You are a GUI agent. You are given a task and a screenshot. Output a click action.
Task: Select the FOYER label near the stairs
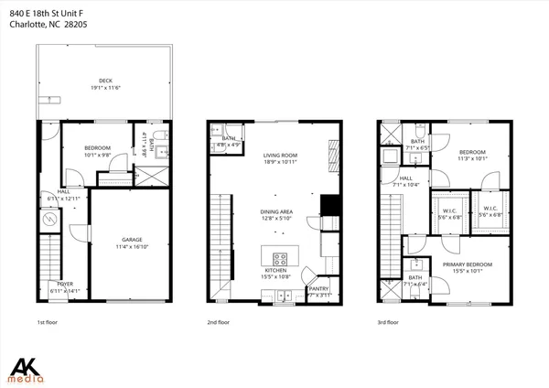point(66,285)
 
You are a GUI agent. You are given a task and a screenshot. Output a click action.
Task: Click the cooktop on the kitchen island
point(280,257)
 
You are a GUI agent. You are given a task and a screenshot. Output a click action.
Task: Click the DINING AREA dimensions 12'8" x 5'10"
point(275,218)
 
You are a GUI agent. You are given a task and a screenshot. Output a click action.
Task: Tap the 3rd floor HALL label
point(405,178)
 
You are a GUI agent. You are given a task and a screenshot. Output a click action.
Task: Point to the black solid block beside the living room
point(330,206)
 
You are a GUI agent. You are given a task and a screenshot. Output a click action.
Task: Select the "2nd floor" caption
point(219,322)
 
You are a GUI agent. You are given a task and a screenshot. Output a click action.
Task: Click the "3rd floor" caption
point(388,322)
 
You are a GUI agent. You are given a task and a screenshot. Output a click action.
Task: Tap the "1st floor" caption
point(48,322)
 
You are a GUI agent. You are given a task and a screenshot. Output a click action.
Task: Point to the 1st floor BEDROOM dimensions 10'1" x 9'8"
point(97,156)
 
